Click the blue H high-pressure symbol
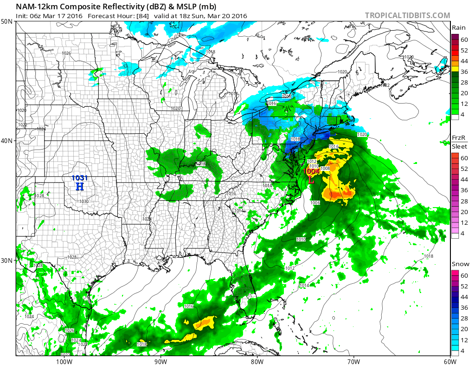pos(80,187)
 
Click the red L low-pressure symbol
pos(311,179)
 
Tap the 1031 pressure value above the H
pos(79,178)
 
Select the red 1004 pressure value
pos(311,171)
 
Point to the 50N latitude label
pos(7,22)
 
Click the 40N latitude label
pos(7,141)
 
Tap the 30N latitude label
pos(7,260)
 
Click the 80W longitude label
pos(257,361)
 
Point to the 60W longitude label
pos(449,361)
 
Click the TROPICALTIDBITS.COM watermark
pos(407,15)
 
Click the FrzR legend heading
pos(458,138)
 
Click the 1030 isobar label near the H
pos(84,201)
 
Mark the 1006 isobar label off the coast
pos(315,202)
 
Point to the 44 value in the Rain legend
pos(464,61)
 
